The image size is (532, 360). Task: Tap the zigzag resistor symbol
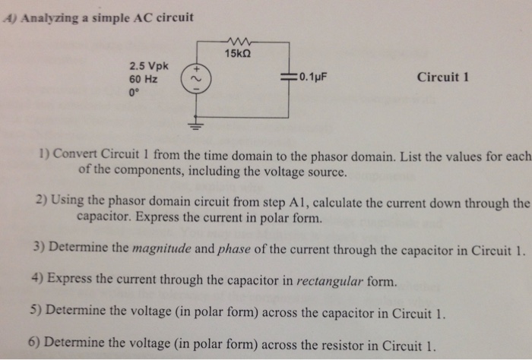(x=238, y=40)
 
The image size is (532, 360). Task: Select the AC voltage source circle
(x=192, y=77)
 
